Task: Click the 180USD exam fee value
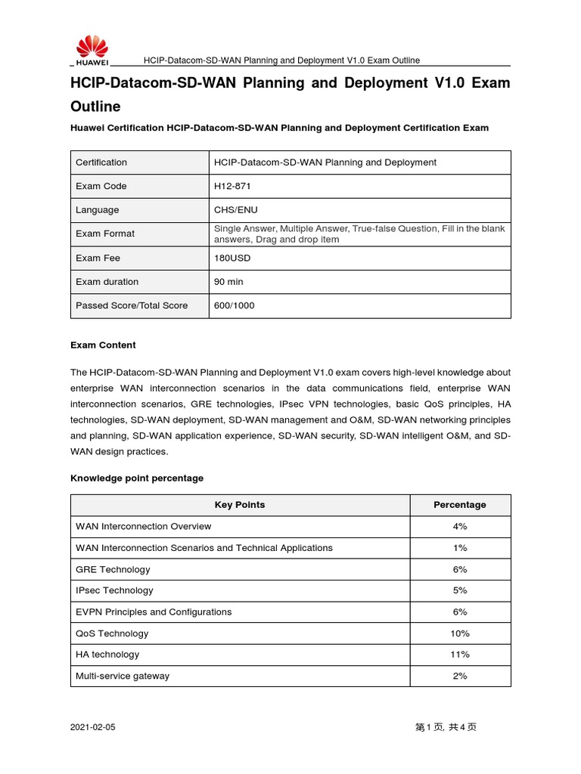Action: [232, 258]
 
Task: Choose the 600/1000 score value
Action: [235, 306]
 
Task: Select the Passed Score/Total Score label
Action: [132, 306]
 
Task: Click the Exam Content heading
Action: [103, 345]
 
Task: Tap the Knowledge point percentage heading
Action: [137, 478]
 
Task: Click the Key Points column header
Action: [240, 505]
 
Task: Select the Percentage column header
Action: [459, 505]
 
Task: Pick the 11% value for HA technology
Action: [459, 655]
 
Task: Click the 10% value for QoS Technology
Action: [459, 633]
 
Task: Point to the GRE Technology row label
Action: [113, 569]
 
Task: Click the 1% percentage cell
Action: [459, 548]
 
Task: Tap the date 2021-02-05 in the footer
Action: [93, 727]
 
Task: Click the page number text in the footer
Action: [446, 727]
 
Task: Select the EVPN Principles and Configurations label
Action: [154, 612]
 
